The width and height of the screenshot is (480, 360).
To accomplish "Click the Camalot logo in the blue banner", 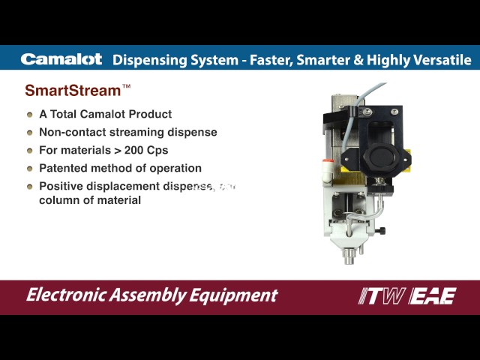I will (61, 59).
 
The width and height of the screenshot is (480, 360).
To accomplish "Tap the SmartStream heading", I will (73, 91).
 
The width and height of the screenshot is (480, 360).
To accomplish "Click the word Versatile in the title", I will (442, 59).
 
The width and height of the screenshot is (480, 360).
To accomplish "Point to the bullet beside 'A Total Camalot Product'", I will (30, 115).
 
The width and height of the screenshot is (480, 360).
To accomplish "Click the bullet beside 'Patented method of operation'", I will (30, 169).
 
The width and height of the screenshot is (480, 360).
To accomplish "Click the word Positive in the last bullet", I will (62, 186).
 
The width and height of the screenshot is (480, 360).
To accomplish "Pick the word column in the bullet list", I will (58, 200).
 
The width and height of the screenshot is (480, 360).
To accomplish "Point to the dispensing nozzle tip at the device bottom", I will (349, 259).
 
